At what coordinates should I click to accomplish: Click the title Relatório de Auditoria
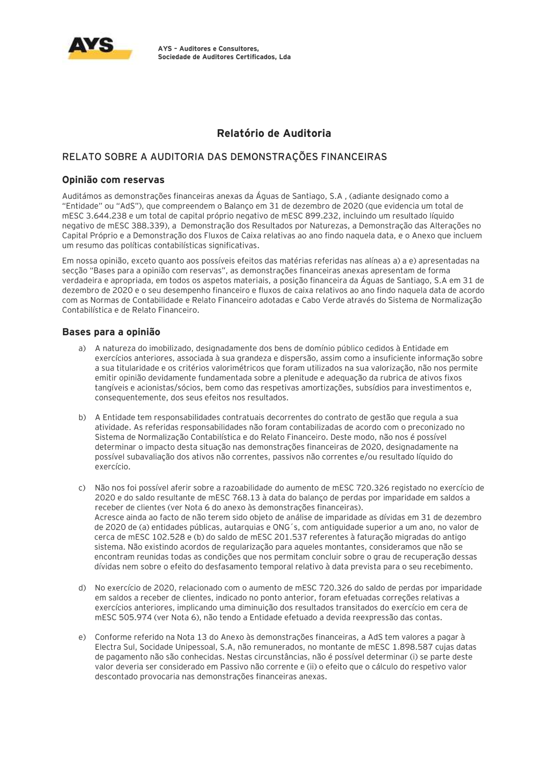274,133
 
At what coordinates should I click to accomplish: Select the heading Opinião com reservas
113,180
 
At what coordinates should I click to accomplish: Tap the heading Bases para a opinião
111,332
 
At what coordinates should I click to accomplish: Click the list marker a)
82,349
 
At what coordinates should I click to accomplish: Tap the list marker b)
82,418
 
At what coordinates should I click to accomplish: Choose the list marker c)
82,488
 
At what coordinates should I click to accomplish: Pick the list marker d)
82,588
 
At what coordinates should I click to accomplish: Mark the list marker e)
82,637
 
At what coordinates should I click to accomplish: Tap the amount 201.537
269,537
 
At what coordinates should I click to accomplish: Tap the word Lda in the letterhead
285,57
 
